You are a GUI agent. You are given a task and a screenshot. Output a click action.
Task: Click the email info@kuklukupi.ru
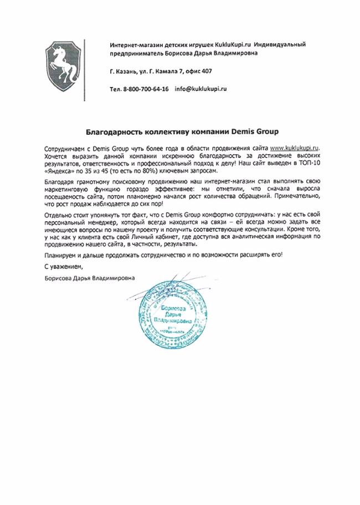[x=201, y=89]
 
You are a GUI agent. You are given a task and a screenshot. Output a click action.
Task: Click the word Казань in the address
[x=130, y=72]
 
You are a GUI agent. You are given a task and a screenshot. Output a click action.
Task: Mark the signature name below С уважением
[x=89, y=278]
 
